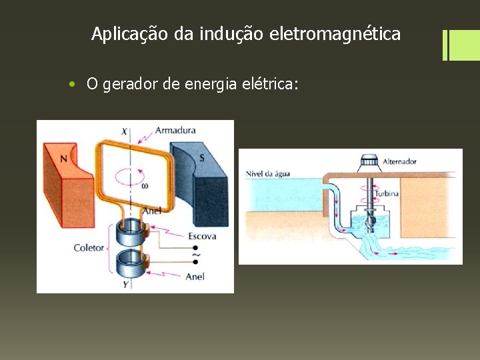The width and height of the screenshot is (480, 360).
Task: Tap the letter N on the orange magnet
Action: [x=63, y=159]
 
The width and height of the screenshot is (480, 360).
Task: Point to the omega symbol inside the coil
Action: [x=145, y=186]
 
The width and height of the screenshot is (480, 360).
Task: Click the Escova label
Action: [x=202, y=236]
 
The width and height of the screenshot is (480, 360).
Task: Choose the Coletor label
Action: [x=89, y=248]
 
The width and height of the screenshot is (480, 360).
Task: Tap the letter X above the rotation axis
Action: [x=124, y=131]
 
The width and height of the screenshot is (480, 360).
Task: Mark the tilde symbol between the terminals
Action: [x=196, y=255]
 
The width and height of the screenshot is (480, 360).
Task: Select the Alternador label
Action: [x=400, y=161]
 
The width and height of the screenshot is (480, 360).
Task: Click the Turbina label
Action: [x=387, y=193]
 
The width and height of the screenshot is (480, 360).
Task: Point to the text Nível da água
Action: [x=268, y=174]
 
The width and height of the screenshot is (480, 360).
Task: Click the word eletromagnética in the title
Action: [x=335, y=33]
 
